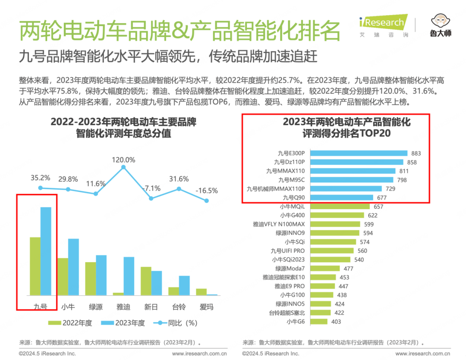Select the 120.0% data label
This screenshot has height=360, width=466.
pyautogui.click(x=124, y=160)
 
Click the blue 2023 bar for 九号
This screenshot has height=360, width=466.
pyautogui.click(x=46, y=251)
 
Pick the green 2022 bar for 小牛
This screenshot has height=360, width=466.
pyautogui.click(x=63, y=276)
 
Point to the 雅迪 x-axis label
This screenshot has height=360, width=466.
pyautogui.click(x=123, y=307)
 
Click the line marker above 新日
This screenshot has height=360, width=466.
pyautogui.click(x=151, y=198)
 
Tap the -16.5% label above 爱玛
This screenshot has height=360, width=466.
pyautogui.click(x=206, y=190)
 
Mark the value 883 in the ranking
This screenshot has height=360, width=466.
pyautogui.click(x=416, y=153)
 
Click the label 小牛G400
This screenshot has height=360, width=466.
pyautogui.click(x=292, y=215)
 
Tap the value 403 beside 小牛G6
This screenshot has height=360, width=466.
pyautogui.click(x=336, y=322)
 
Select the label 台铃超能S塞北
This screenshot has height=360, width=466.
pyautogui.click(x=287, y=313)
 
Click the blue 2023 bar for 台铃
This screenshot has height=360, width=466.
pyautogui.click(x=184, y=285)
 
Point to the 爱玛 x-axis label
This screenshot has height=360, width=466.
pyautogui.click(x=206, y=307)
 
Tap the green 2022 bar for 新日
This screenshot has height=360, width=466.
pyautogui.click(x=146, y=281)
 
